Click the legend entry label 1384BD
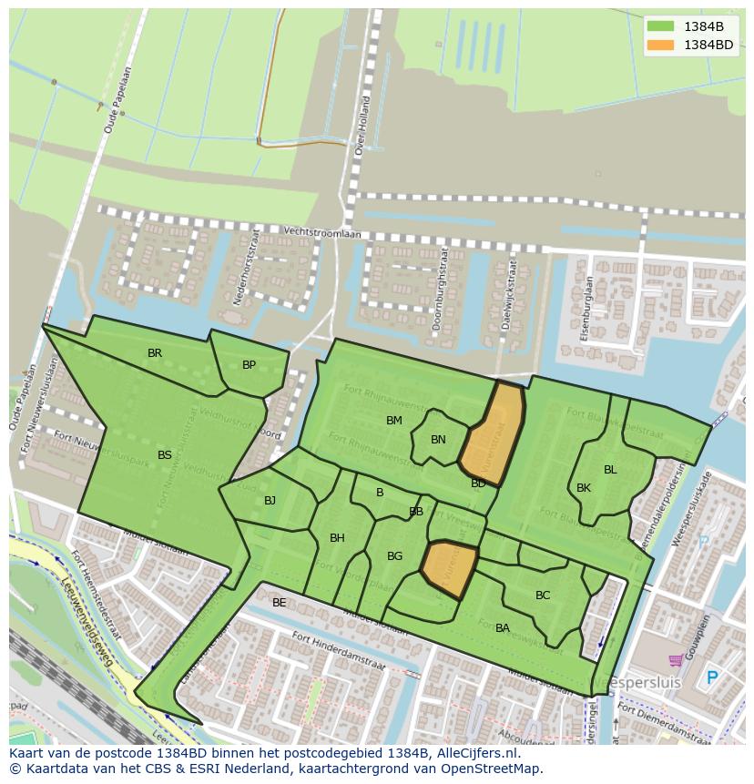pos(708,44)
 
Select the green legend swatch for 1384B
pos(660,26)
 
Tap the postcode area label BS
pos(164,455)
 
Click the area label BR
pos(155,353)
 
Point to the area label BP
pos(249,365)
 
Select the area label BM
pos(393,421)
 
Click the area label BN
pos(438,440)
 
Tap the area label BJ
pos(270,501)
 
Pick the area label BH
pos(337,538)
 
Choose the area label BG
pos(394,556)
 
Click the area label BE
pos(279,603)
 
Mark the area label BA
pos(502,628)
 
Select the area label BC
pos(543,596)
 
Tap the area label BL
pos(610,470)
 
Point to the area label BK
pos(584,488)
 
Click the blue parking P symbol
pos(712,677)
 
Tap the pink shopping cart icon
pos(676,660)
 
